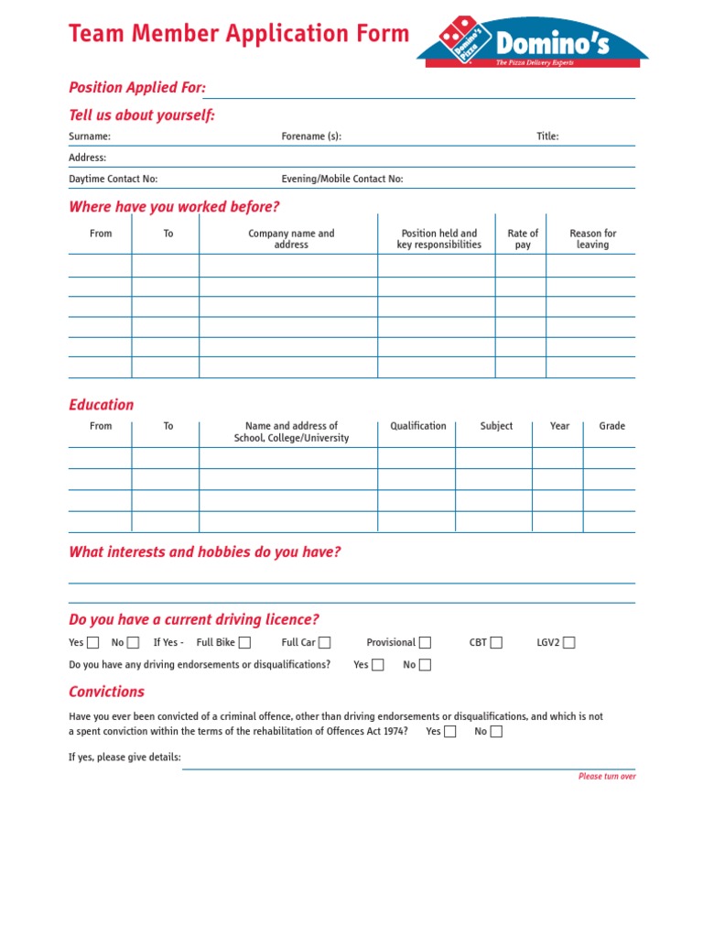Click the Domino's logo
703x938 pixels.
(533, 42)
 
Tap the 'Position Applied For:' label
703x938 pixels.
(137, 88)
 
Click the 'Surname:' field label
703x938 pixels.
(90, 136)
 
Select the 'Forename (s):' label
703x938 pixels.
(311, 136)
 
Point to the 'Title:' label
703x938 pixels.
(547, 136)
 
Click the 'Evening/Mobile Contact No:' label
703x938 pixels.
(342, 180)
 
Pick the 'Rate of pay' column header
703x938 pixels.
(523, 239)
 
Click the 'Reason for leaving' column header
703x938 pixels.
(592, 239)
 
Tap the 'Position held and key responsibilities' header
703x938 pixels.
(438, 239)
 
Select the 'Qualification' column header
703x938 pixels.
(418, 426)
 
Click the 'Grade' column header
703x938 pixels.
(611, 426)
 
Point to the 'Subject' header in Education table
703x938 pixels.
(496, 426)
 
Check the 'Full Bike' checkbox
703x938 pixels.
(244, 643)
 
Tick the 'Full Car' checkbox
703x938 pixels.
(325, 643)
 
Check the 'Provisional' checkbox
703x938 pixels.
(425, 643)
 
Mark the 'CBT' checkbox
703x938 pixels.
(496, 643)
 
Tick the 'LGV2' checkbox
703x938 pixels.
(569, 643)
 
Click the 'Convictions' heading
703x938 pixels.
(106, 692)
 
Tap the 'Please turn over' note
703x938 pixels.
(607, 777)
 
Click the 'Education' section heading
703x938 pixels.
(101, 405)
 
